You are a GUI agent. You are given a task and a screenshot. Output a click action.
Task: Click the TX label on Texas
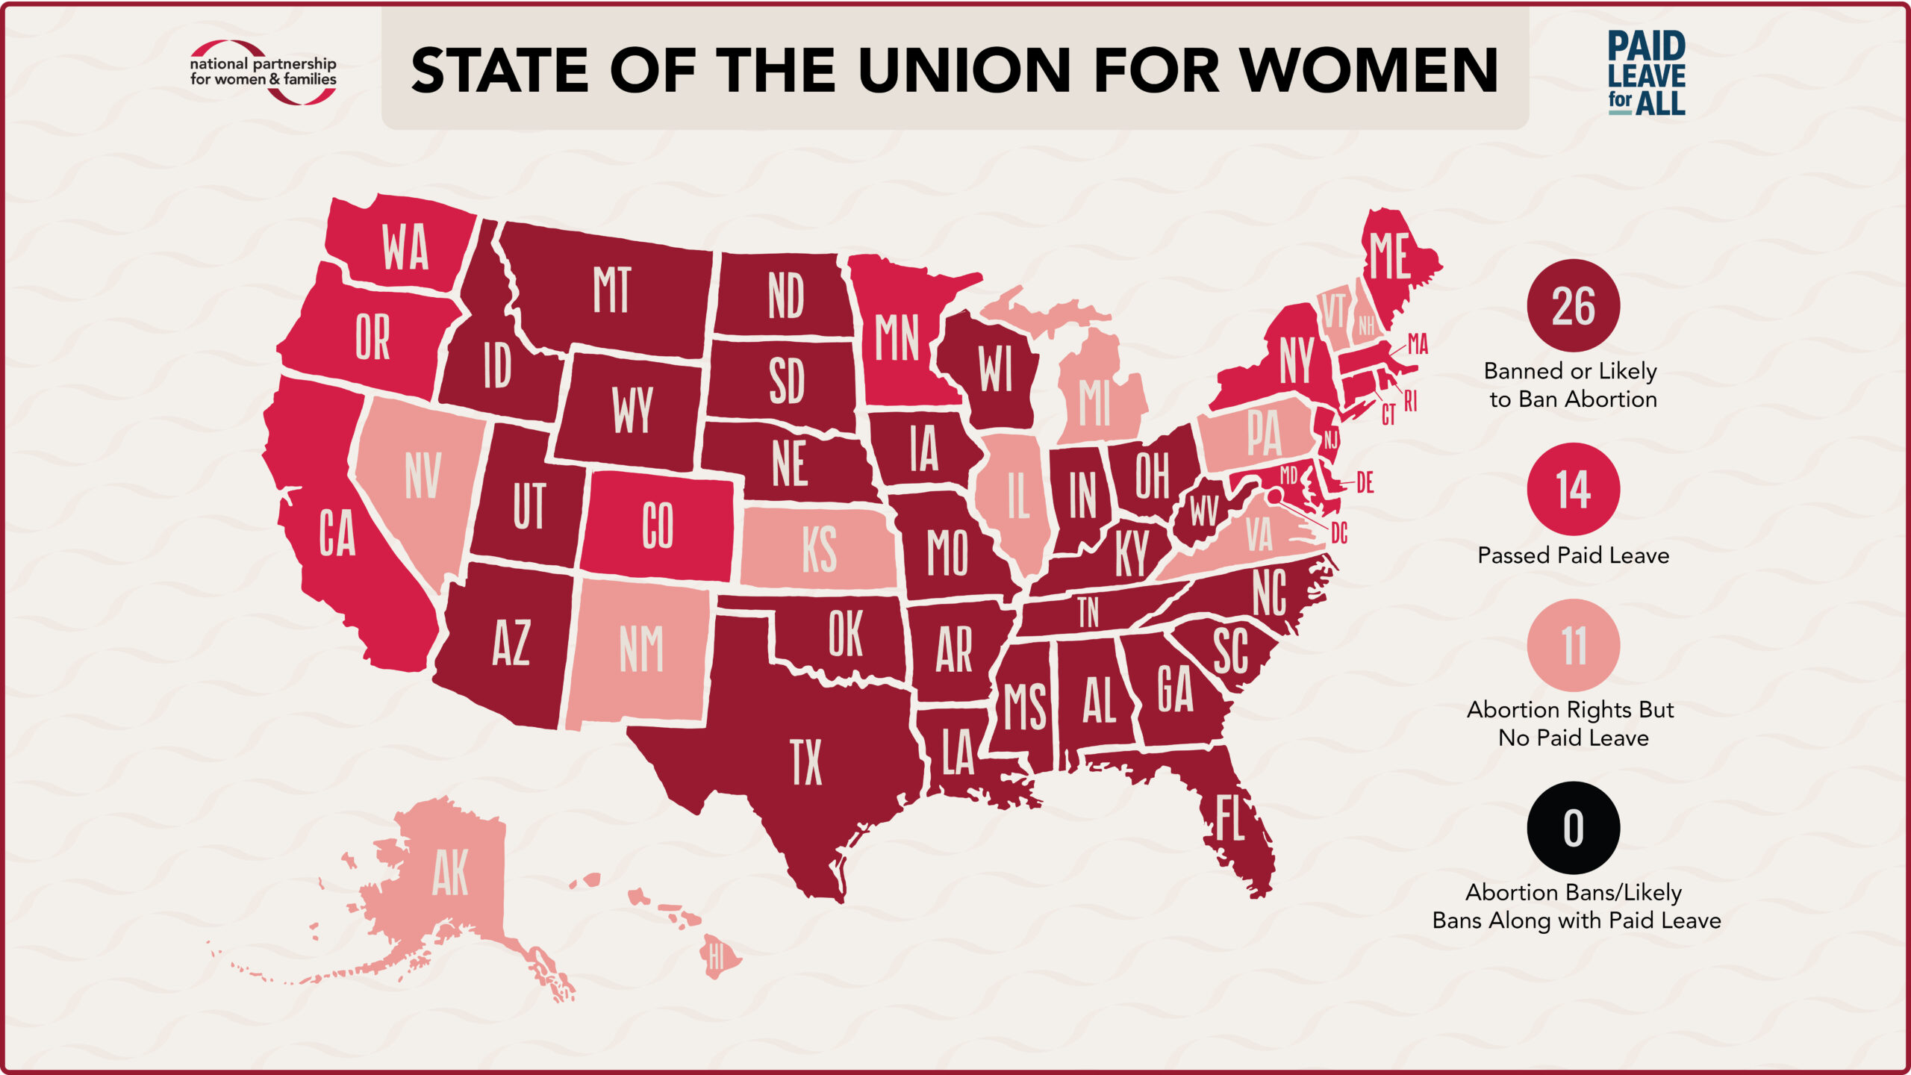tap(806, 762)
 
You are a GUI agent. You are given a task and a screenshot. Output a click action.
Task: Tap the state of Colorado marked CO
tap(658, 526)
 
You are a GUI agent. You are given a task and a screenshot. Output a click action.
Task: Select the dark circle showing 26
tap(1573, 306)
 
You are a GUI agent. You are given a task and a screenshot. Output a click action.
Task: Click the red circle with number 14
tap(1573, 490)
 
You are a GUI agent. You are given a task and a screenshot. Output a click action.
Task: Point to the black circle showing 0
tap(1573, 828)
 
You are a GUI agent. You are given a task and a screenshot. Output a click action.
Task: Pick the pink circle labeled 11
tap(1573, 645)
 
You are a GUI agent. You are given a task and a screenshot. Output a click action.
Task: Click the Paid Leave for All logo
tap(1646, 73)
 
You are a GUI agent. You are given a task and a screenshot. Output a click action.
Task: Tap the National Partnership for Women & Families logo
tap(263, 72)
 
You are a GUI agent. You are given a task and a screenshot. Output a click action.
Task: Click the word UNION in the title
tap(964, 70)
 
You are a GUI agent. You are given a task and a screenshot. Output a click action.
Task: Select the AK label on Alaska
tap(450, 873)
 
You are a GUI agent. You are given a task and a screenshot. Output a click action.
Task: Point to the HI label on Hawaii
tap(717, 956)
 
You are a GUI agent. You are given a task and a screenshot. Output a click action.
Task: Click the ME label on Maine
tap(1389, 256)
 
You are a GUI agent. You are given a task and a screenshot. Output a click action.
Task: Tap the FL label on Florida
tap(1229, 820)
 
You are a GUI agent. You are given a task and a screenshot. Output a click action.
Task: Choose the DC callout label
tap(1339, 533)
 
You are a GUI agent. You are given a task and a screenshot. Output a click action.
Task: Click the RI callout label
tap(1410, 401)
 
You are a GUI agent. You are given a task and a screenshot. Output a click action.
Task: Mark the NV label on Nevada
tap(423, 476)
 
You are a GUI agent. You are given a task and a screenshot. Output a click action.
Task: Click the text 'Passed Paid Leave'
tap(1573, 555)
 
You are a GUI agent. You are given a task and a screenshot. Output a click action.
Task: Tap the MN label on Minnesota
tap(897, 337)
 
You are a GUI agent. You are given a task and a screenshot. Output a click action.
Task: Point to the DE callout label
tap(1365, 483)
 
